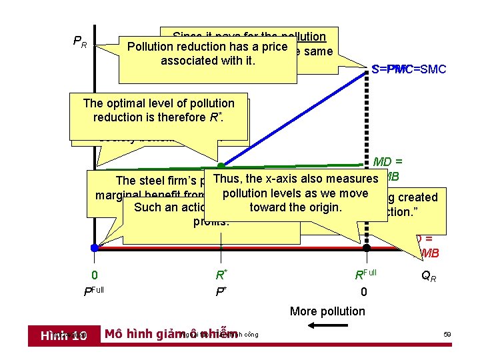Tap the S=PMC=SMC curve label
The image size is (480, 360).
(409, 69)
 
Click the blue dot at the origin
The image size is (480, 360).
(95, 247)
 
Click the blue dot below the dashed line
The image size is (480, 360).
(365, 247)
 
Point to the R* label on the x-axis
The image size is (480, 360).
(221, 274)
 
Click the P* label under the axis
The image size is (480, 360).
(221, 291)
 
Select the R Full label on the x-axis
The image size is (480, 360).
(365, 274)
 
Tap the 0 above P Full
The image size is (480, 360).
(95, 274)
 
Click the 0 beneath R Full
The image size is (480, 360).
(364, 291)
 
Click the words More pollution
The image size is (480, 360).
(327, 311)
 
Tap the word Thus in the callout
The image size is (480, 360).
(227, 179)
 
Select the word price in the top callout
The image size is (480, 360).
(273, 47)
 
